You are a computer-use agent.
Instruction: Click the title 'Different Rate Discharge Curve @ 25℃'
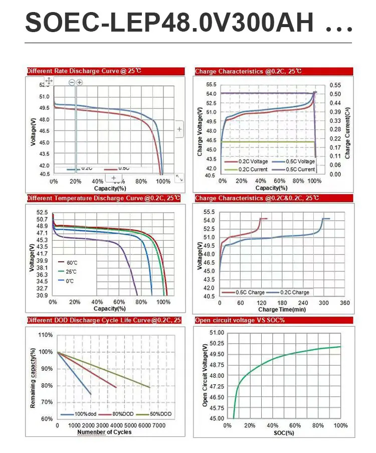point(84,71)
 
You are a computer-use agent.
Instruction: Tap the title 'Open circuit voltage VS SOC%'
point(240,320)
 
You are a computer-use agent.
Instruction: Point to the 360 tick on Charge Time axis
point(344,303)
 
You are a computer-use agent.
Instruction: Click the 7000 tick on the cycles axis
point(159,425)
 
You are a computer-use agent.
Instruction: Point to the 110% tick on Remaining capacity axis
point(46,335)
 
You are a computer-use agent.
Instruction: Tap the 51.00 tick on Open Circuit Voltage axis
point(217,333)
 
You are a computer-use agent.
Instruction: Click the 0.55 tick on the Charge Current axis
point(335,85)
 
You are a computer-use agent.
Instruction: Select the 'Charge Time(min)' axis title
point(282,310)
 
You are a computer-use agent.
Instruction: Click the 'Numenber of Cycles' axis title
point(104,432)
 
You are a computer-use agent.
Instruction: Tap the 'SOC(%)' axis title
point(284,432)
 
